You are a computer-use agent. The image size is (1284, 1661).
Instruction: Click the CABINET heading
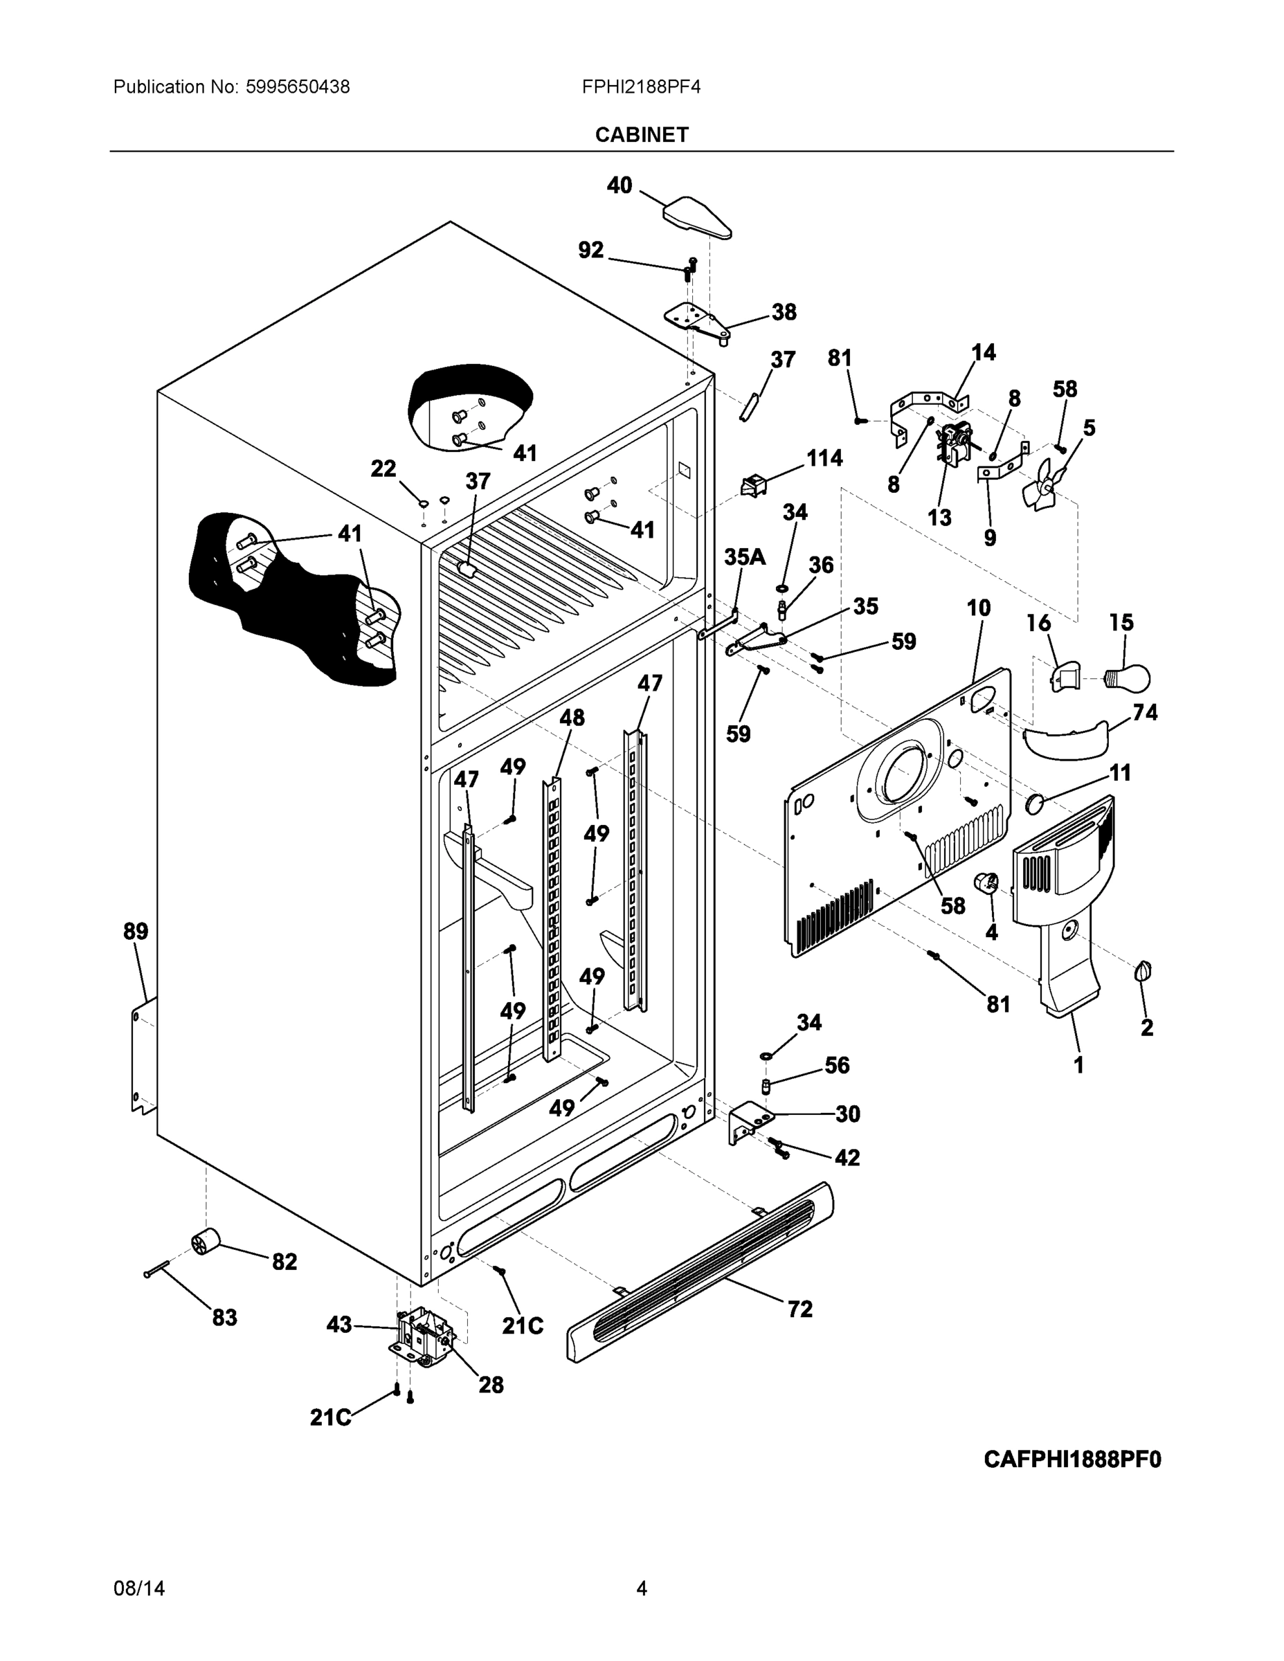[641, 135]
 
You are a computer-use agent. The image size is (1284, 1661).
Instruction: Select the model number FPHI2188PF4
[640, 87]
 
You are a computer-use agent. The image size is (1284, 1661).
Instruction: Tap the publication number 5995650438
[298, 87]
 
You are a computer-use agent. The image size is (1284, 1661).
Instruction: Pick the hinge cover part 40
[696, 217]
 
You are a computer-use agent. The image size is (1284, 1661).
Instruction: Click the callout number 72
[800, 1309]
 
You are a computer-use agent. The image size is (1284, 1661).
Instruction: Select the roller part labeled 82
[205, 1243]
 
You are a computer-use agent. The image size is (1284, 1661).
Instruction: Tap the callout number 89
[136, 931]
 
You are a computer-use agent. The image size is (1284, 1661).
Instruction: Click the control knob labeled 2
[1144, 971]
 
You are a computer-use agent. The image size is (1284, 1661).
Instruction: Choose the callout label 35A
[744, 557]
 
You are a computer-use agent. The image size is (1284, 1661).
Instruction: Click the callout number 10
[978, 608]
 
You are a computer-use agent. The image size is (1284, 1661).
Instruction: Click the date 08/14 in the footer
[138, 1588]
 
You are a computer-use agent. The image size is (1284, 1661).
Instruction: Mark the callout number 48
[572, 717]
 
